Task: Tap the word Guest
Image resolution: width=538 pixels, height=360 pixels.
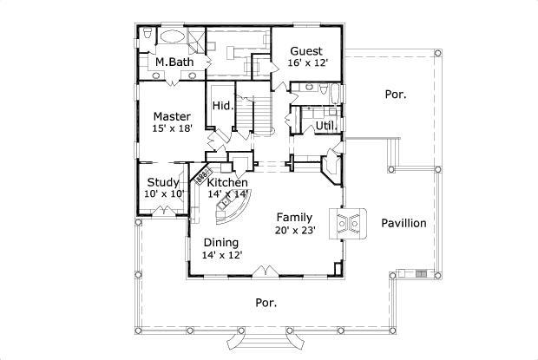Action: tap(306, 50)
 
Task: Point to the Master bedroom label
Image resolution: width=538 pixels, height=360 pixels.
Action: tap(172, 115)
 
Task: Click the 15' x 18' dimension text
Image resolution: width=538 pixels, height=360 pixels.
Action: tap(172, 128)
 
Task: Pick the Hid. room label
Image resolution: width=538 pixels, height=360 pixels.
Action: tap(220, 106)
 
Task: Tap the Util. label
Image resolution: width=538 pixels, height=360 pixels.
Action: tap(326, 126)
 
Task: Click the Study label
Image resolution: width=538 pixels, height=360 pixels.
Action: tap(162, 182)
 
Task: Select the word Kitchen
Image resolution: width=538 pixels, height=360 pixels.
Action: tap(227, 183)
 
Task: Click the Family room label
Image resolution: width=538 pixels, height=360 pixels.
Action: tap(295, 217)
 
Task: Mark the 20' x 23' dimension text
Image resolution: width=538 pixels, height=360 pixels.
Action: tap(295, 230)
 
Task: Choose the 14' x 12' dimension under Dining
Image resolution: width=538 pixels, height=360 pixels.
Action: tap(222, 255)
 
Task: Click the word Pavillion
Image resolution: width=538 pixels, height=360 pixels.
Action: tap(403, 223)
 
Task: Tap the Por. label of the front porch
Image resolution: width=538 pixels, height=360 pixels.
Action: tap(266, 303)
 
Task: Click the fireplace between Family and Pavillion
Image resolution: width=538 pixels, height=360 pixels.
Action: tap(348, 223)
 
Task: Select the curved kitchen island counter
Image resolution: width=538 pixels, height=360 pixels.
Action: tap(232, 209)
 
